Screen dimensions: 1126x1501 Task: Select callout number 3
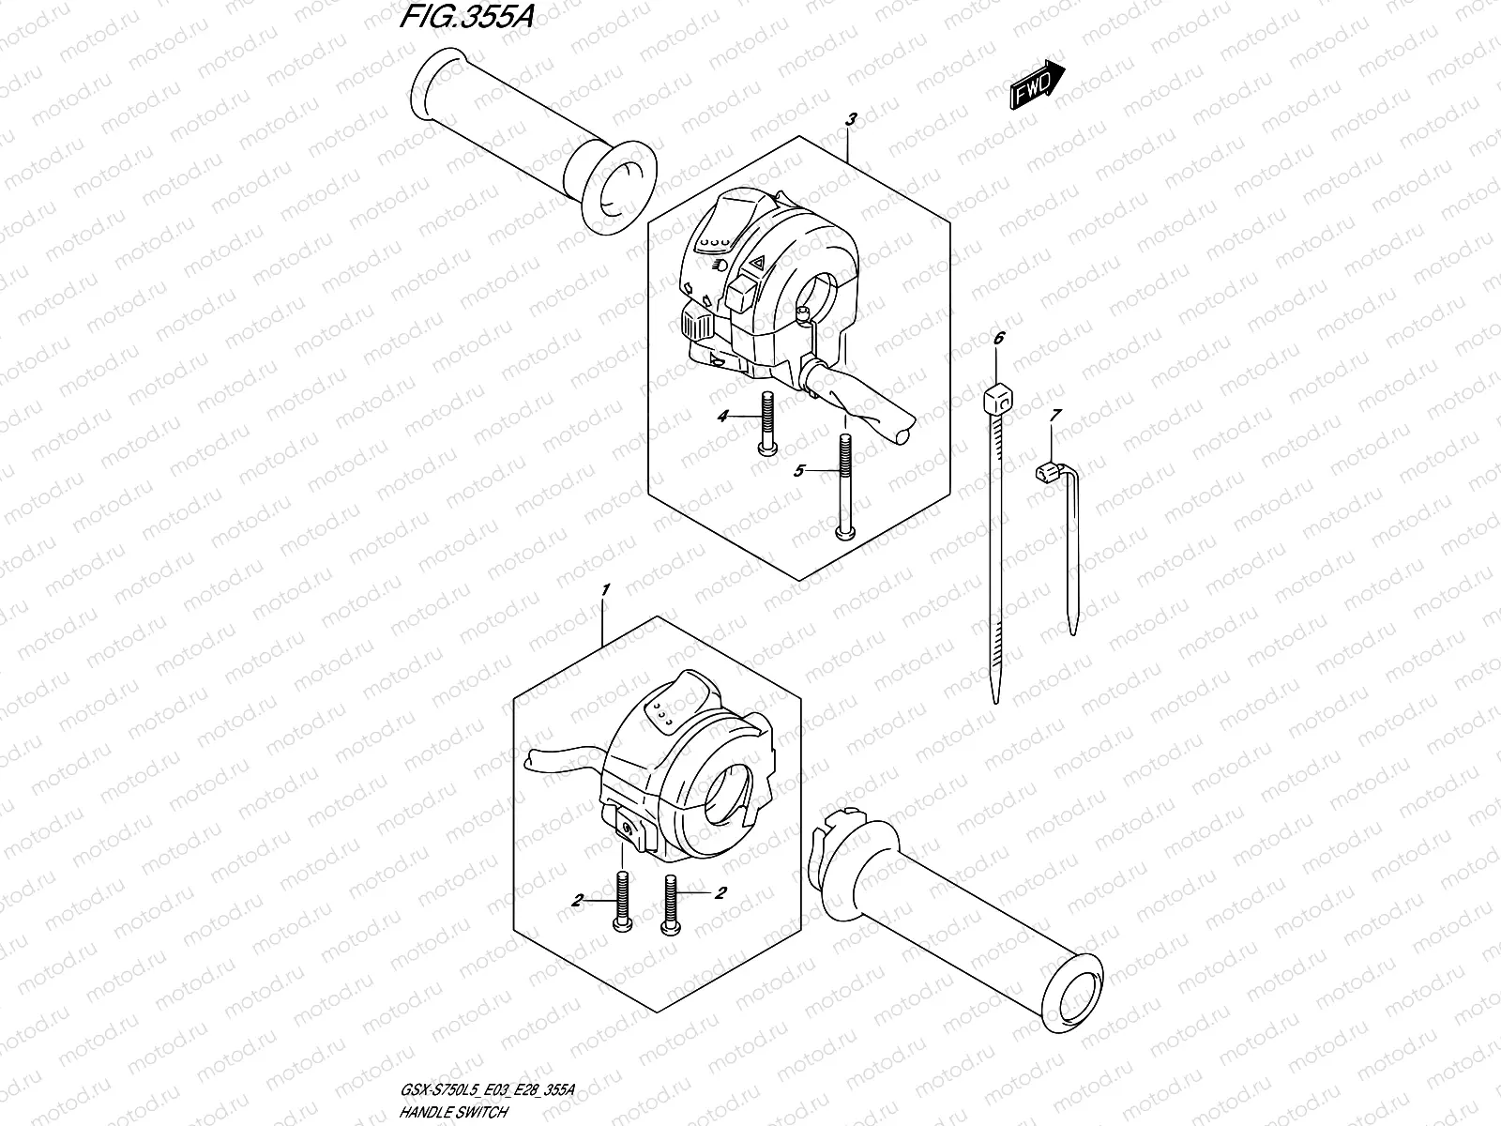851,119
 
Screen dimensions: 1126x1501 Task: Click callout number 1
606,590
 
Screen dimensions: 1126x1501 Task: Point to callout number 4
722,417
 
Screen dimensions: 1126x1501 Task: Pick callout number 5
799,471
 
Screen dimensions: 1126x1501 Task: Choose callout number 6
998,338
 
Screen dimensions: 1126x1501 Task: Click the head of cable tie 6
996,404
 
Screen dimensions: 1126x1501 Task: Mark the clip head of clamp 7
1045,472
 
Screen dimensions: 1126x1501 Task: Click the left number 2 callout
577,900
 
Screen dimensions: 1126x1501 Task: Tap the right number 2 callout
720,893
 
